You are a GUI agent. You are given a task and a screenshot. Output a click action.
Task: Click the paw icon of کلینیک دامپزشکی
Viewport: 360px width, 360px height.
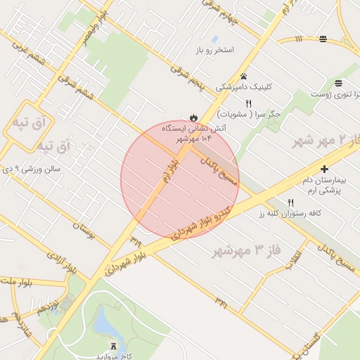[243, 76]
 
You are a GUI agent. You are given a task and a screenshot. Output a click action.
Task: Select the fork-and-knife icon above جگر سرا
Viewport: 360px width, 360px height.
[248, 103]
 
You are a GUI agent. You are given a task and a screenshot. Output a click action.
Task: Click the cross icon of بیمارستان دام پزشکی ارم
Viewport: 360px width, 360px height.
[324, 169]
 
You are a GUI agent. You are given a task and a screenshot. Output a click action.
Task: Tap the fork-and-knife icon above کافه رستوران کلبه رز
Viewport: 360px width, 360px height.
[290, 202]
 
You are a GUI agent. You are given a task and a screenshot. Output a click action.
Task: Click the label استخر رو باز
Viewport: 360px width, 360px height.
[219, 51]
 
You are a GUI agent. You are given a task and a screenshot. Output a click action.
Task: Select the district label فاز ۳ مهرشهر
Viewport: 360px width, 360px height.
[245, 250]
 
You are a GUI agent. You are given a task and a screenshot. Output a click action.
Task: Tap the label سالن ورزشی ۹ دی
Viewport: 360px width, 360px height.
[32, 169]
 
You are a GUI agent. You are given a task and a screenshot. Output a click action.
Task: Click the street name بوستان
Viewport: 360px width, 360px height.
[83, 229]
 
